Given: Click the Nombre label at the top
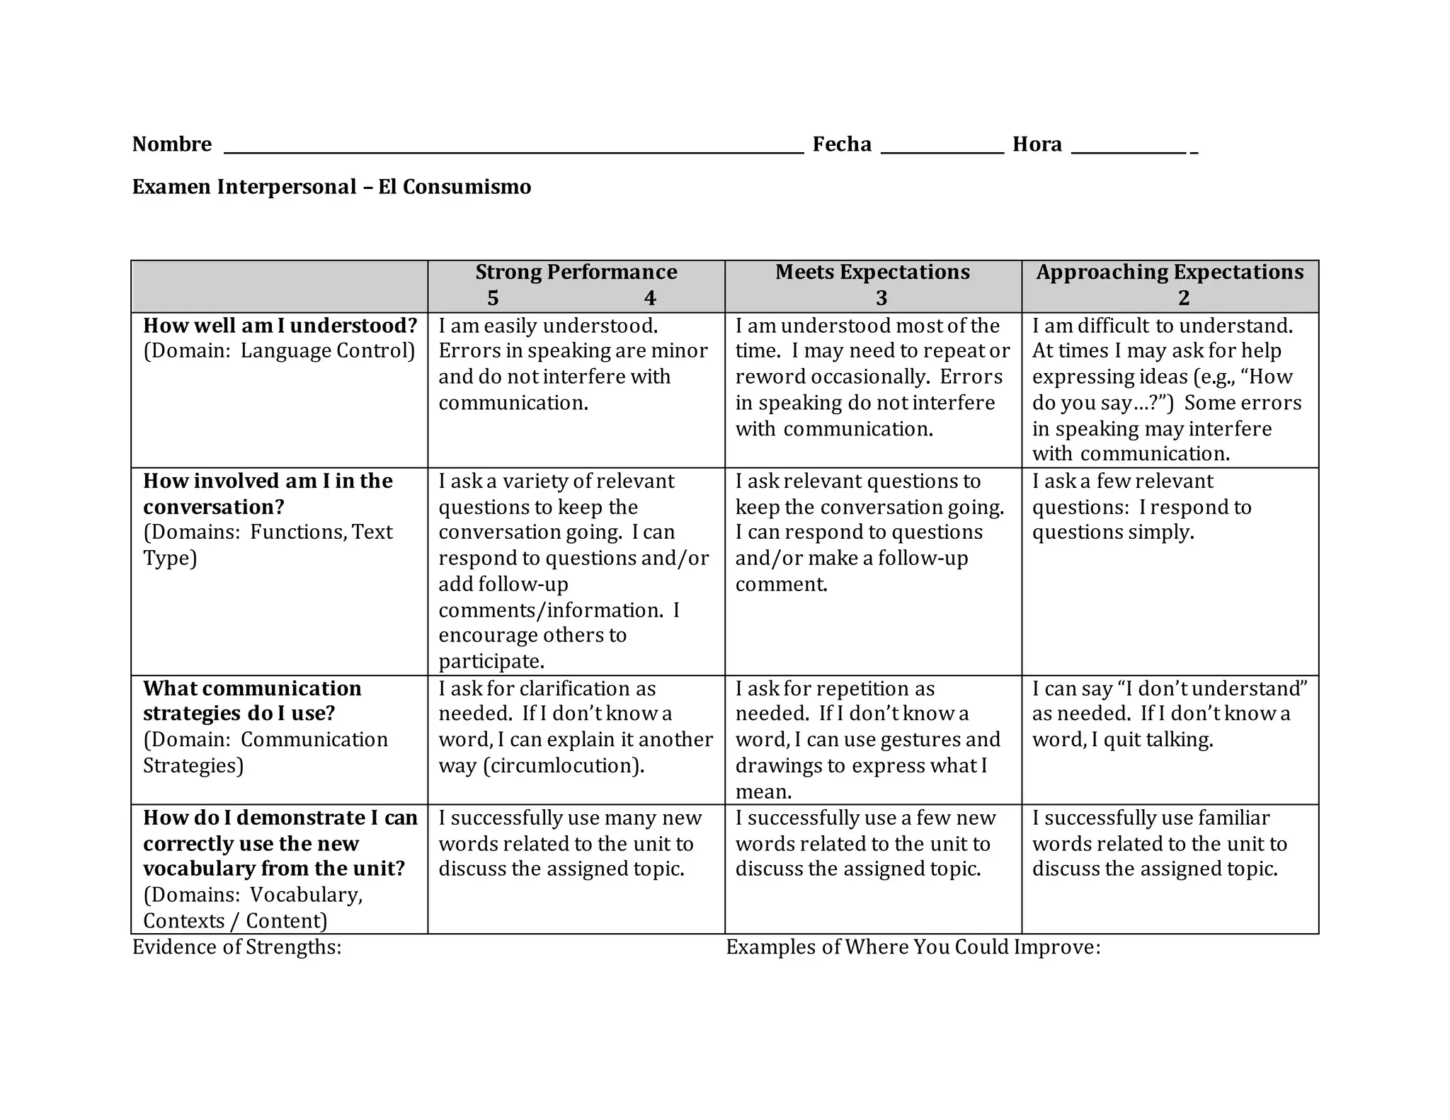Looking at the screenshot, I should point(171,144).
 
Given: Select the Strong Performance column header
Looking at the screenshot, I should point(576,273).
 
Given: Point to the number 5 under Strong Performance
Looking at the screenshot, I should point(493,298).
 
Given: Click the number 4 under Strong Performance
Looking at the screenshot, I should point(650,298).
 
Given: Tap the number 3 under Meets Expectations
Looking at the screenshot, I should point(881,298).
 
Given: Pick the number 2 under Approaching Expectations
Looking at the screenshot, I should point(1184,298).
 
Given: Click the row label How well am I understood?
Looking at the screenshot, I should point(280,326).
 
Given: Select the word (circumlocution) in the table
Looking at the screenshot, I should point(564,766).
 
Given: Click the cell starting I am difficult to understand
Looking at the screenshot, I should point(1170,389).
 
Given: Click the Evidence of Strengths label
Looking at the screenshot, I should point(236,947).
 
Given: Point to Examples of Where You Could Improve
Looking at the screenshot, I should point(913,947).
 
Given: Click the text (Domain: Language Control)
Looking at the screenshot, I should point(279,351).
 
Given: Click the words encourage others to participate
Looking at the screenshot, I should point(532,648).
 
